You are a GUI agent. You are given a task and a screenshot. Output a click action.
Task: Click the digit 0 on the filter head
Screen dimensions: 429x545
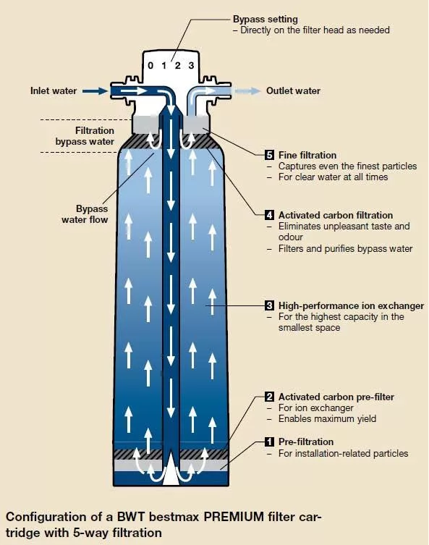150,65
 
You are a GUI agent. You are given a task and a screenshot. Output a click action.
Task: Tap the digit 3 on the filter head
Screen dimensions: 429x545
191,65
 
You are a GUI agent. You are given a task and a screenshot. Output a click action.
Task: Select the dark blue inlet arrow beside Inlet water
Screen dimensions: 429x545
96,91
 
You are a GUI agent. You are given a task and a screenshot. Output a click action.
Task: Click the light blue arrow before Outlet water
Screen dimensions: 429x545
247,91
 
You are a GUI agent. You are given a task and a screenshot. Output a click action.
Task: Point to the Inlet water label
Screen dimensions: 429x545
54,90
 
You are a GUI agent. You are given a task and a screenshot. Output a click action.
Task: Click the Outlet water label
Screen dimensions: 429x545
293,90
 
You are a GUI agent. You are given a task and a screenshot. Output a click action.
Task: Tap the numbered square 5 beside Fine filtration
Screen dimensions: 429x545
269,155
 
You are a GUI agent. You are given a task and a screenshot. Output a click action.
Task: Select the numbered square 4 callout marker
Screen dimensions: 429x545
269,215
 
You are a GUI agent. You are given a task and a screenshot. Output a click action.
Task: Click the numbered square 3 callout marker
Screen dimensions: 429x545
269,306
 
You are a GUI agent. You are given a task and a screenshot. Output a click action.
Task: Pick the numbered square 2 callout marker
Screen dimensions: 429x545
269,397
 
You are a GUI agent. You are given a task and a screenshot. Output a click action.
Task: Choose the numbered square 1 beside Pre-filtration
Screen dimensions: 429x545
269,442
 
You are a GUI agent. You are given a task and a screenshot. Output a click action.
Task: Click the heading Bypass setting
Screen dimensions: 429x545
265,19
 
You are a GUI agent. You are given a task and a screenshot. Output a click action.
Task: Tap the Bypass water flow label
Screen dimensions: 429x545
85,214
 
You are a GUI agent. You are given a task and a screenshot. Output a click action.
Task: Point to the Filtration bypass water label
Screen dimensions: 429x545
85,136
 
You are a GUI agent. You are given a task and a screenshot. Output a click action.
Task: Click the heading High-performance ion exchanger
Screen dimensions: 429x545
351,306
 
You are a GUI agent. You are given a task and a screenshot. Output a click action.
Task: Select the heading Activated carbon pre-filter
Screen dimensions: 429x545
336,397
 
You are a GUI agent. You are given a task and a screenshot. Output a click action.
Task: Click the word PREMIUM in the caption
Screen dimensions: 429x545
234,517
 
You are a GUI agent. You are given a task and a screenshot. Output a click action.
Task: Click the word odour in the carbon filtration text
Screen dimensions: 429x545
291,237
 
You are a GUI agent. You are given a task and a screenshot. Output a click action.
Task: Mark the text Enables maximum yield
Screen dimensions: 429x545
327,419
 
